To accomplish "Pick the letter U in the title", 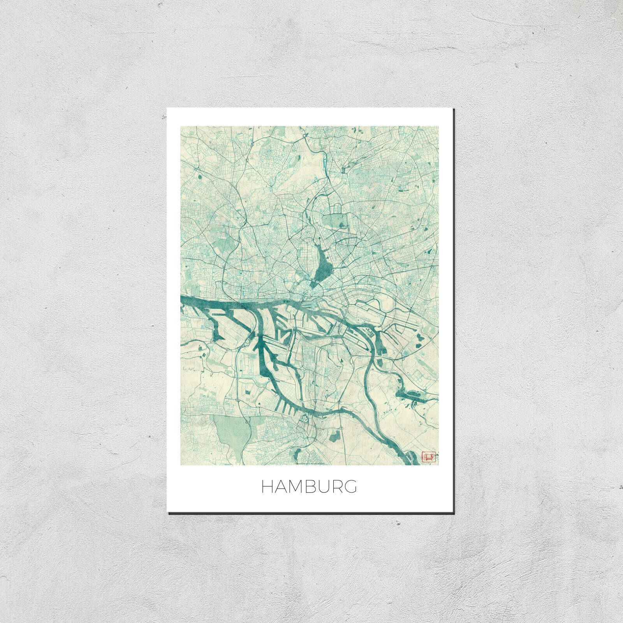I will click(323, 487).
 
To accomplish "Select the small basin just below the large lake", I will click(314, 285).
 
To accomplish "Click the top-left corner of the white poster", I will click(167, 108).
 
